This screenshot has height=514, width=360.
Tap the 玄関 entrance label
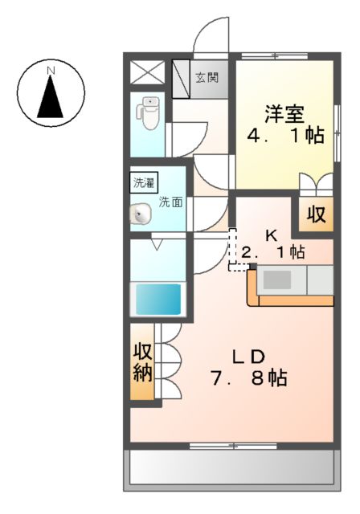210,79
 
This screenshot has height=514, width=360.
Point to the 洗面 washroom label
170,202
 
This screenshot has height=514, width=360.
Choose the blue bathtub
157,299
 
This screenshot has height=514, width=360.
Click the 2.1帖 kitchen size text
273,252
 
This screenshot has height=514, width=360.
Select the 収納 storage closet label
143,361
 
